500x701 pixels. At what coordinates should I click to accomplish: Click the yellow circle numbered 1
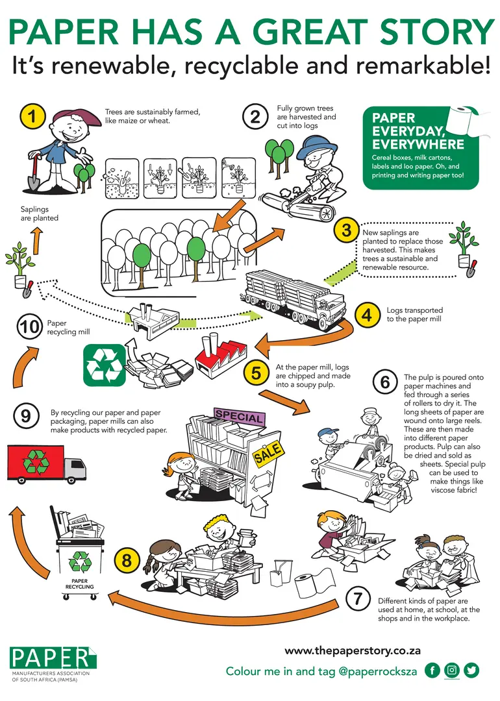click(x=32, y=116)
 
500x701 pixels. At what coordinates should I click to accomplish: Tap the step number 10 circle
click(x=29, y=326)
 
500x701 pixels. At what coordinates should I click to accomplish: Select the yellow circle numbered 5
click(x=256, y=372)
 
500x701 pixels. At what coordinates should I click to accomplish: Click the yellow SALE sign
click(x=268, y=452)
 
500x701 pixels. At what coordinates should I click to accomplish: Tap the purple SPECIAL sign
click(x=240, y=416)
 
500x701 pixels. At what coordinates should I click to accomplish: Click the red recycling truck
click(x=47, y=464)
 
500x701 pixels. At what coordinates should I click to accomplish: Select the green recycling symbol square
click(x=105, y=365)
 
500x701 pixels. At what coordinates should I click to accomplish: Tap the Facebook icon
click(x=432, y=670)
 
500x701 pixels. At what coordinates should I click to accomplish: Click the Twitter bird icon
click(x=471, y=670)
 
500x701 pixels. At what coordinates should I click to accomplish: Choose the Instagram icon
click(x=452, y=670)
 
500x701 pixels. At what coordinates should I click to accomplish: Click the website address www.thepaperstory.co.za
click(x=353, y=650)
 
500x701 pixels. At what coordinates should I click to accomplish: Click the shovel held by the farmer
click(x=33, y=173)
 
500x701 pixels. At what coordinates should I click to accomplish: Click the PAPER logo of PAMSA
click(x=53, y=658)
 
